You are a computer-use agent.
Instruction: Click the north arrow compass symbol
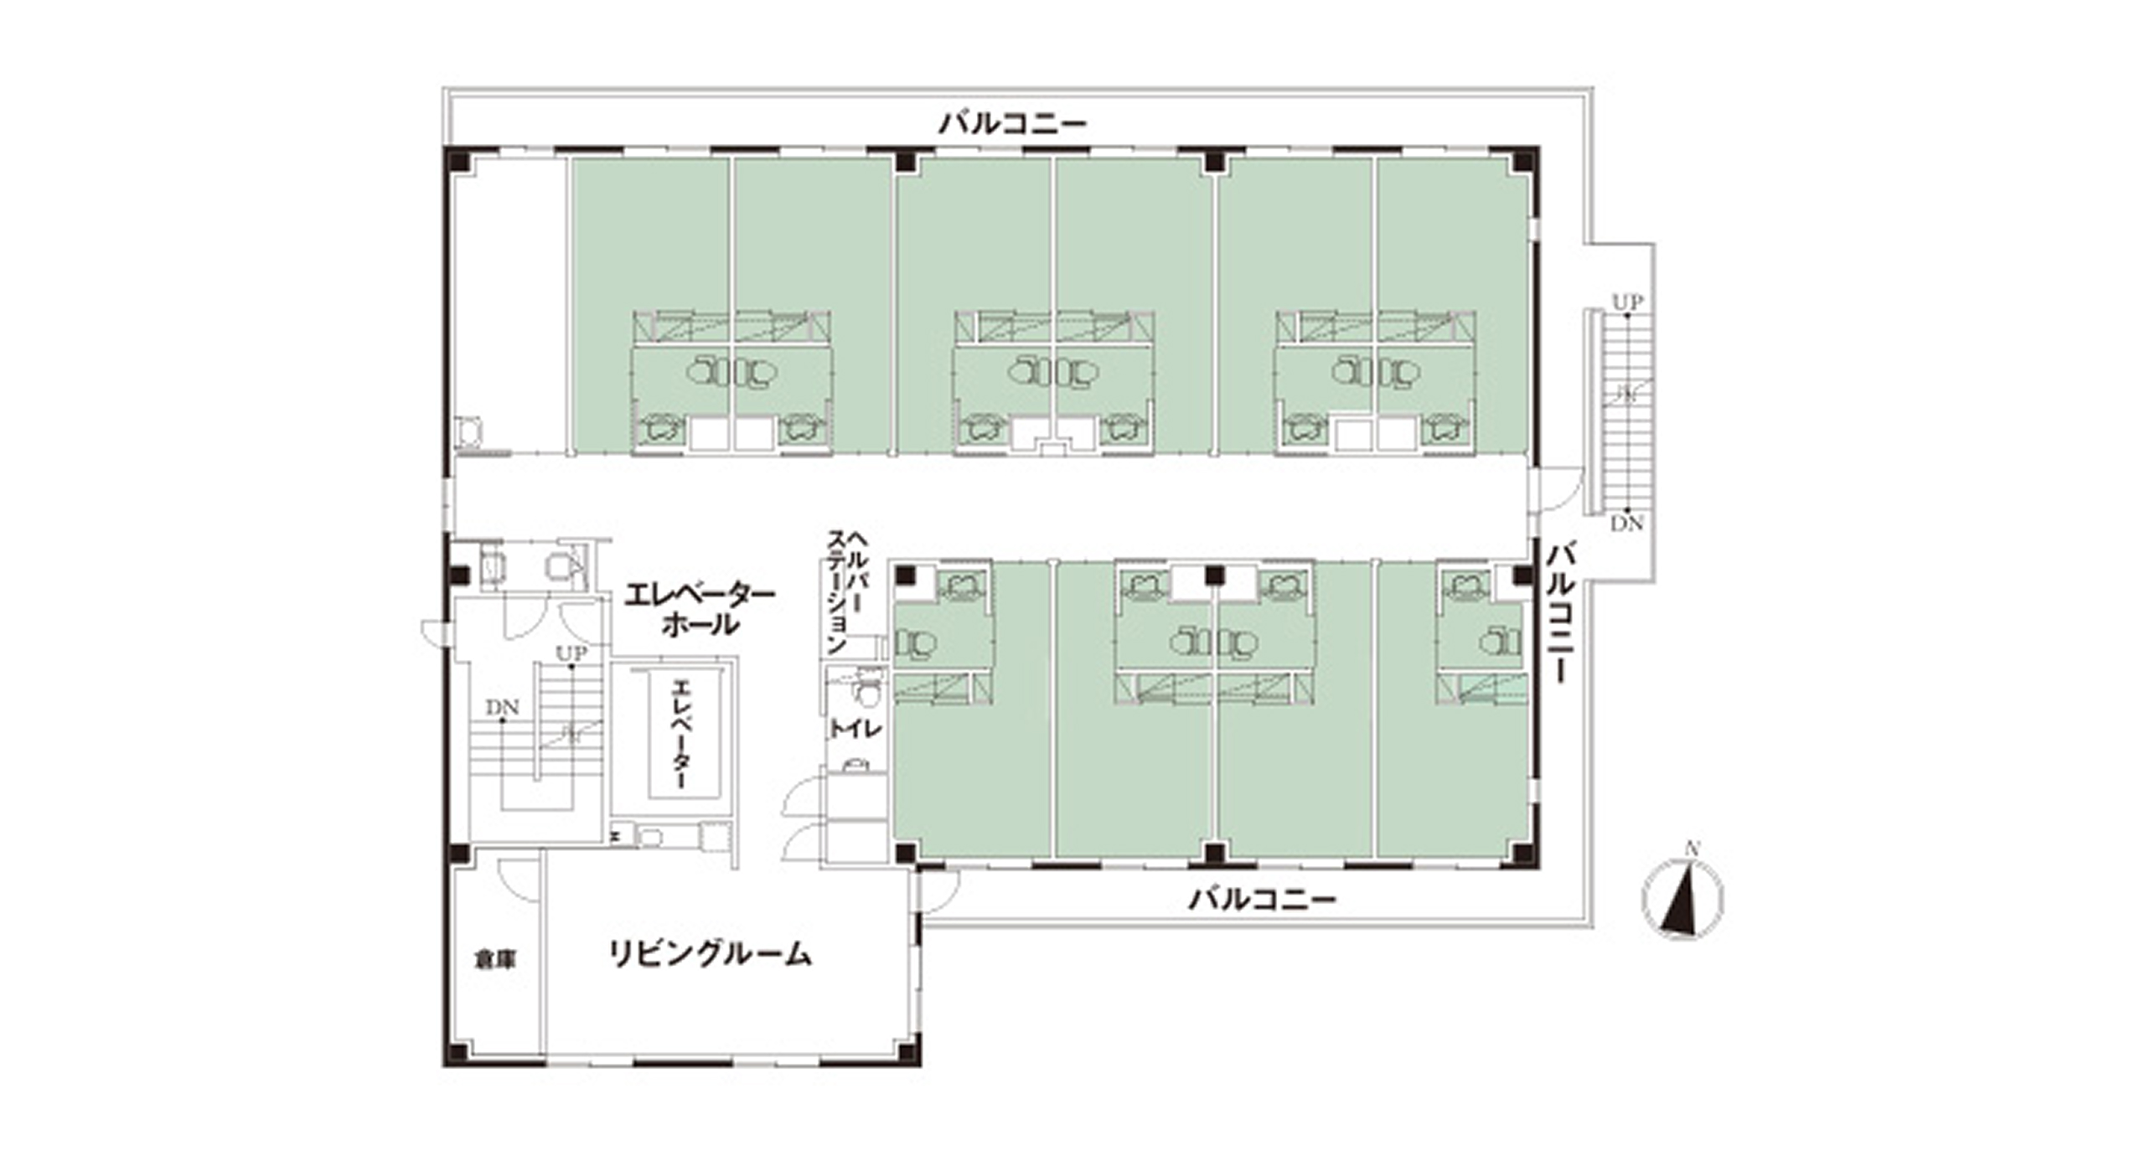coord(1682,899)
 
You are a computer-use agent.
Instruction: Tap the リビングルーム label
coord(710,954)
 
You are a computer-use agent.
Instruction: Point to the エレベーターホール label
coord(700,609)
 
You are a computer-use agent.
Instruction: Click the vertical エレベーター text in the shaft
coord(681,734)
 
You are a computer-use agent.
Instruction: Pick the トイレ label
coord(855,730)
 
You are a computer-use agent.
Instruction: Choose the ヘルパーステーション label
coord(848,591)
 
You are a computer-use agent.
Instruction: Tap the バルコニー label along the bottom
coord(1263,901)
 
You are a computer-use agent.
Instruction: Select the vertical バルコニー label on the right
coord(1560,612)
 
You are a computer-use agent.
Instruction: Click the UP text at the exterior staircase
coord(1628,301)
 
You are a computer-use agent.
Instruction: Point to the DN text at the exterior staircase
coord(1627,524)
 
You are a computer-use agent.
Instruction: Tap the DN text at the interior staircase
coord(503,707)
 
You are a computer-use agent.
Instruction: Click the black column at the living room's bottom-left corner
coord(457,1052)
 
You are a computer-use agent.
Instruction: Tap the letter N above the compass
coord(1693,849)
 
